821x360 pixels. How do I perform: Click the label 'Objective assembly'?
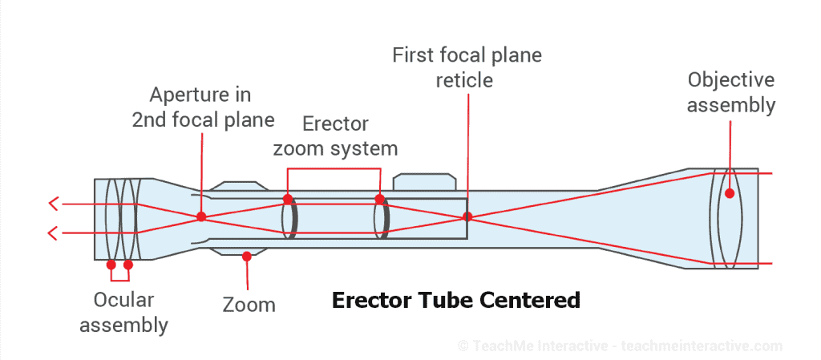pos(731,92)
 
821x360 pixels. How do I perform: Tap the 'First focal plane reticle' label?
pos(467,67)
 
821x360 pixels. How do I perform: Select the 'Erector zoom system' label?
pos(335,136)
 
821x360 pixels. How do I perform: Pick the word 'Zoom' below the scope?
pos(249,305)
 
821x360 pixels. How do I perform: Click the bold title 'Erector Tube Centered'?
pos(455,301)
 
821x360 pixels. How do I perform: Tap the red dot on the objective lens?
pos(729,193)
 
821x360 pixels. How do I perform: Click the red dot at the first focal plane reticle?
pos(467,216)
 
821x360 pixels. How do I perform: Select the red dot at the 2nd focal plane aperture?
pos(201,216)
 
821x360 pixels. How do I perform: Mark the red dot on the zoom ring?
pos(247,257)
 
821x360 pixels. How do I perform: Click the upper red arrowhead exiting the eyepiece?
pos(54,204)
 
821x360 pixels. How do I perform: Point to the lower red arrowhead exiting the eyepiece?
pos(54,233)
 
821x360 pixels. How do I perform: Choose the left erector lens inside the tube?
pos(290,217)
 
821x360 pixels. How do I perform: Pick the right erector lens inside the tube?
pos(382,217)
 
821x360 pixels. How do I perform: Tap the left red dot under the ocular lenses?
pos(111,264)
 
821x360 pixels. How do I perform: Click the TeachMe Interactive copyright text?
pos(619,346)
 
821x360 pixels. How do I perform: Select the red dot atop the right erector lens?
pos(380,198)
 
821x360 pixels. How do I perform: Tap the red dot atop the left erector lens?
pos(287,198)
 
